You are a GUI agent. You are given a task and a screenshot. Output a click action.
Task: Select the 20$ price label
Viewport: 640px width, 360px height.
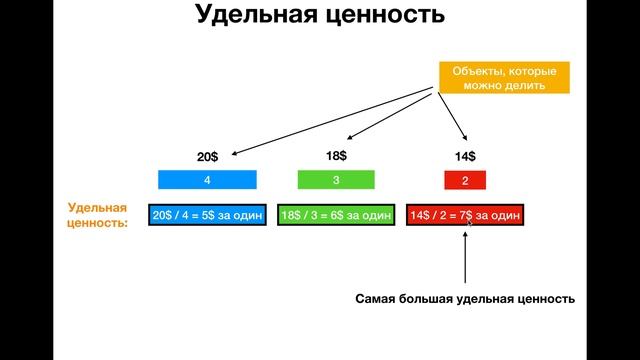(x=207, y=157)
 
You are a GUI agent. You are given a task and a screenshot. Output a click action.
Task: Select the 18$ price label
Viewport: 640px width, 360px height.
(x=336, y=156)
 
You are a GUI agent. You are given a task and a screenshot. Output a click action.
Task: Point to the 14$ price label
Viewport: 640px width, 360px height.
(x=465, y=157)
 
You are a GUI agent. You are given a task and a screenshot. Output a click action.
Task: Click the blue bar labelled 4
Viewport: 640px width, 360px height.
(x=207, y=181)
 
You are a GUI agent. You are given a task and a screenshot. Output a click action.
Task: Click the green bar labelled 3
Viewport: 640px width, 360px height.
(x=336, y=181)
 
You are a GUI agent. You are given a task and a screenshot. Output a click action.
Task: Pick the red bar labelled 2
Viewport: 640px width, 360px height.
(x=465, y=181)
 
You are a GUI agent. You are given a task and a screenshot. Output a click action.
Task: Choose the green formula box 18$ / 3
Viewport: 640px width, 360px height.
(x=336, y=216)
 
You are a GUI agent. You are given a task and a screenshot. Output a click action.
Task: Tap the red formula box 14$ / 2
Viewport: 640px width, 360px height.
(x=464, y=216)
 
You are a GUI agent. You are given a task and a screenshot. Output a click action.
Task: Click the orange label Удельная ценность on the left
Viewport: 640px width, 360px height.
(x=98, y=216)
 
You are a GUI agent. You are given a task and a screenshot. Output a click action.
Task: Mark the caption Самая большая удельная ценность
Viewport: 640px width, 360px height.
(x=466, y=299)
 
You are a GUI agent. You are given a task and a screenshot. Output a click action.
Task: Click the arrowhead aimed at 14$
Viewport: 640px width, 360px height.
(x=464, y=141)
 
